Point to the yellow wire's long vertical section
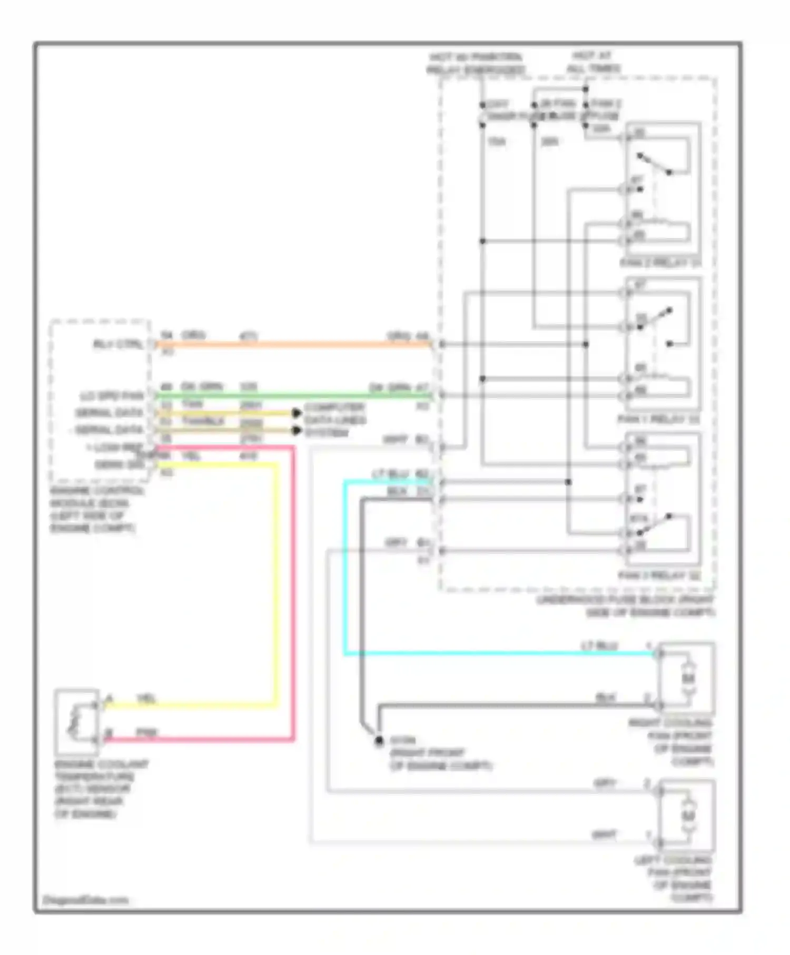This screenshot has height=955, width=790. (x=275, y=579)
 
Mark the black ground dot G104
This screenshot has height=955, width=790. (x=378, y=741)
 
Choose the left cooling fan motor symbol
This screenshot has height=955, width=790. (x=687, y=816)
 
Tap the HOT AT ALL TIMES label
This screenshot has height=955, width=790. (x=592, y=62)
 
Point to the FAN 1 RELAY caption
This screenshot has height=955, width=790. (x=658, y=419)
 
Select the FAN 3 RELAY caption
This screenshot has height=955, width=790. (x=659, y=575)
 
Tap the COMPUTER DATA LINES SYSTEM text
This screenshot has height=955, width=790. (x=334, y=420)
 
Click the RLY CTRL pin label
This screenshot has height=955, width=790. (x=118, y=344)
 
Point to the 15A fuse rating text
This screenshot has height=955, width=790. (x=496, y=142)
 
